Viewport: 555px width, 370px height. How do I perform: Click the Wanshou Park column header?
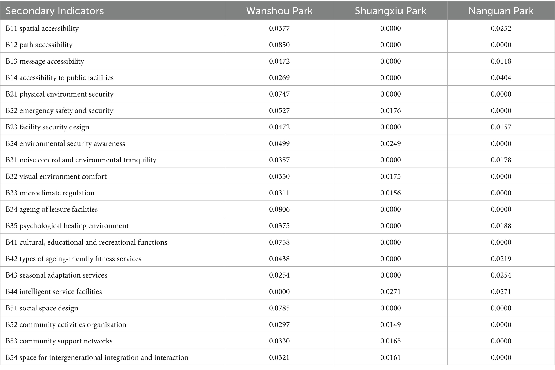pyautogui.click(x=279, y=11)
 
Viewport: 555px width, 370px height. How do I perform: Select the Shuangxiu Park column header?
pyautogui.click(x=390, y=11)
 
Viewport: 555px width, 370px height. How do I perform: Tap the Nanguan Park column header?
pyautogui.click(x=501, y=11)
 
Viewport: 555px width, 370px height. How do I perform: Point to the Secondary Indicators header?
pyautogui.click(x=55, y=11)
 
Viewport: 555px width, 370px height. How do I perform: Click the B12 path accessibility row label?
pyautogui.click(x=39, y=45)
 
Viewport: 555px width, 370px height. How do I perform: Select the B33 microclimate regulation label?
pyautogui.click(x=50, y=193)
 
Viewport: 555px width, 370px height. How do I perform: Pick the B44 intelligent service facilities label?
pyautogui.click(x=54, y=291)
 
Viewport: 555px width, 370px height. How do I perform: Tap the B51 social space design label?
pyautogui.click(x=42, y=308)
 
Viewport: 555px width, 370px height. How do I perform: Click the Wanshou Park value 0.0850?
pyautogui.click(x=279, y=45)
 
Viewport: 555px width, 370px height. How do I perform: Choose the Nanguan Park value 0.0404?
pyautogui.click(x=501, y=77)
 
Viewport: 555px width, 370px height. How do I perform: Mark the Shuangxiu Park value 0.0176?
pyautogui.click(x=390, y=110)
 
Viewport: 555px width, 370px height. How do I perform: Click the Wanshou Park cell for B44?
pyautogui.click(x=279, y=291)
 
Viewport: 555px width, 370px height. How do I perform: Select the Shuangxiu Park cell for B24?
pyautogui.click(x=390, y=143)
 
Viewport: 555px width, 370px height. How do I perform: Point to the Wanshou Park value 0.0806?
pyautogui.click(x=279, y=209)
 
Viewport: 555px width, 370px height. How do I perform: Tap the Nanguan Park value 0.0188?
pyautogui.click(x=501, y=226)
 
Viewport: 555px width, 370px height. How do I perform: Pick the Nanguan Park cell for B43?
pyautogui.click(x=501, y=275)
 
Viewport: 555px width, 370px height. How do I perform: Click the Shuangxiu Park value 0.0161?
pyautogui.click(x=390, y=357)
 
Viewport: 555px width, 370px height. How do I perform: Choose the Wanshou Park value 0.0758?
pyautogui.click(x=279, y=242)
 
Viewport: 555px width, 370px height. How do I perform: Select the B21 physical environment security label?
pyautogui.click(x=60, y=94)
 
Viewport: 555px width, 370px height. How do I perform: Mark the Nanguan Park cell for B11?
pyautogui.click(x=501, y=28)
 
